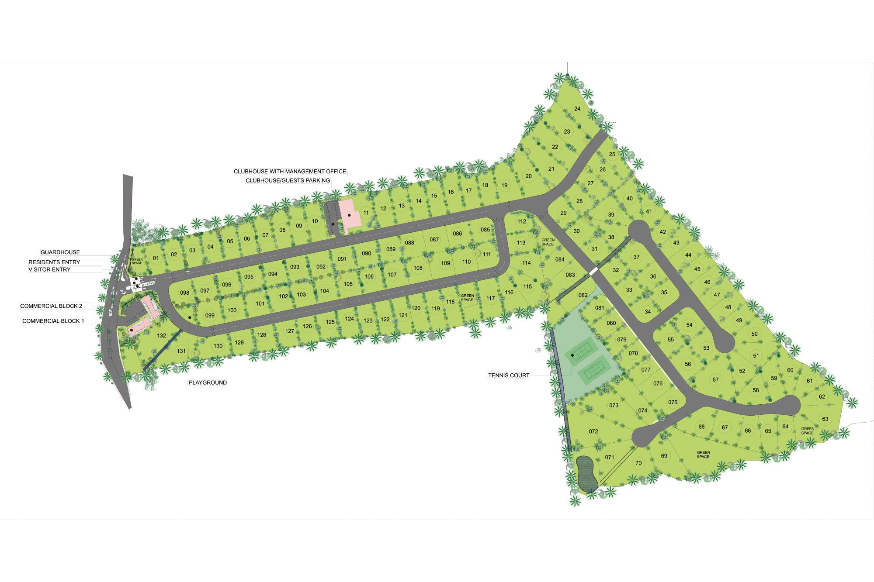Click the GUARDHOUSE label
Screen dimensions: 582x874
pos(60,252)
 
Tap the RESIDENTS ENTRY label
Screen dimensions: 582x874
pos(54,262)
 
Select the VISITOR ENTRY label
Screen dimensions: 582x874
pos(49,269)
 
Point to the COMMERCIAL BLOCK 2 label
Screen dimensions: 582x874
pos(51,306)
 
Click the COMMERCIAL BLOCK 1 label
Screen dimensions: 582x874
pos(53,321)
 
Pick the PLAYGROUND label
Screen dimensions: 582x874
pos(208,382)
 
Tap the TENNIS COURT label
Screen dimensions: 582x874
pos(508,375)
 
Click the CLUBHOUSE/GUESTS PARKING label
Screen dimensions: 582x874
pos(288,180)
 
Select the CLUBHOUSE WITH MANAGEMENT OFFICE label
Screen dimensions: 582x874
pos(290,172)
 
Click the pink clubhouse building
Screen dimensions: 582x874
pos(350,214)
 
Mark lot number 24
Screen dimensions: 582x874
pos(577,109)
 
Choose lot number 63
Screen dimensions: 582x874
pos(825,419)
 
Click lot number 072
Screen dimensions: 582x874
pos(593,431)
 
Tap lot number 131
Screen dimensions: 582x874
pos(181,351)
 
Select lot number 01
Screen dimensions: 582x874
pos(156,258)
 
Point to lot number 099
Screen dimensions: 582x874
pos(210,316)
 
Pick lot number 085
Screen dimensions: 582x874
pos(485,230)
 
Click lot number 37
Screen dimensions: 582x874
pos(636,257)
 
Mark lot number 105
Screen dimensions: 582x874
pos(348,284)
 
